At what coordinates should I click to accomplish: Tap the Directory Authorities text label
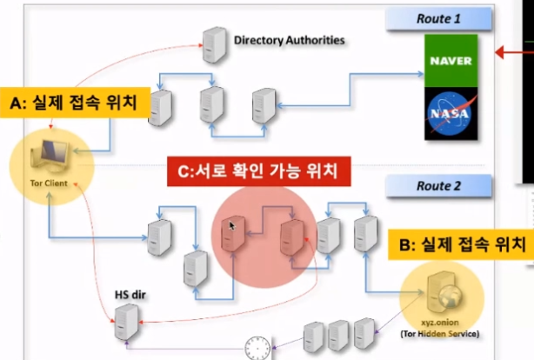[x=289, y=40]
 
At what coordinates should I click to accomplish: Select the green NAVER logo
[x=451, y=61]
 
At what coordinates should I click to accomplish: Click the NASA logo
[x=451, y=113]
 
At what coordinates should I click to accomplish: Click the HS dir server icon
[x=126, y=323]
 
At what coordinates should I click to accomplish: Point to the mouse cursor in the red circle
[x=231, y=226]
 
